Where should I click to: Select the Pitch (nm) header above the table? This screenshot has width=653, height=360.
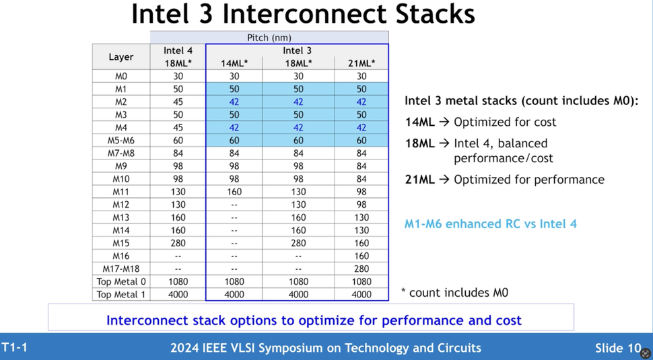pos(269,38)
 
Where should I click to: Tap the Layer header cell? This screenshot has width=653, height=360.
pos(121,57)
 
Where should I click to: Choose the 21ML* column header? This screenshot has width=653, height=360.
pos(362,63)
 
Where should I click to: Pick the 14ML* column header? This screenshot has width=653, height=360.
pos(234,63)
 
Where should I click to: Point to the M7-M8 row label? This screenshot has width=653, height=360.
pos(121,153)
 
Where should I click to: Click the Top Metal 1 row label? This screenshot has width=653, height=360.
pos(121,295)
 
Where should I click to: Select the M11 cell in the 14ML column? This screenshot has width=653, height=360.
pos(234,192)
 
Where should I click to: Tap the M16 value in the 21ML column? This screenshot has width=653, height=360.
pos(362,256)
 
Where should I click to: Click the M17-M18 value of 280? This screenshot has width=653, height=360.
pos(362,268)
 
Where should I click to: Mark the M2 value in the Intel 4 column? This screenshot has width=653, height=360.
pos(178,102)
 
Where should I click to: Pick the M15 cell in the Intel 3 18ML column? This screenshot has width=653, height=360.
pos(298,243)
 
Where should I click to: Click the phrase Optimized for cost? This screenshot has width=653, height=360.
pos(505,122)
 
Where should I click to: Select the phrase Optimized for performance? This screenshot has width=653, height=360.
pos(528,180)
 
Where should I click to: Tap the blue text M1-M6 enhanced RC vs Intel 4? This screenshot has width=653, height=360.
pos(490,224)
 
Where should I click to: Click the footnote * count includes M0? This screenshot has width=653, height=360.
pos(454,293)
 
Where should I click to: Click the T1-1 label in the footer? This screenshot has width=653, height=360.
pos(14,347)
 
